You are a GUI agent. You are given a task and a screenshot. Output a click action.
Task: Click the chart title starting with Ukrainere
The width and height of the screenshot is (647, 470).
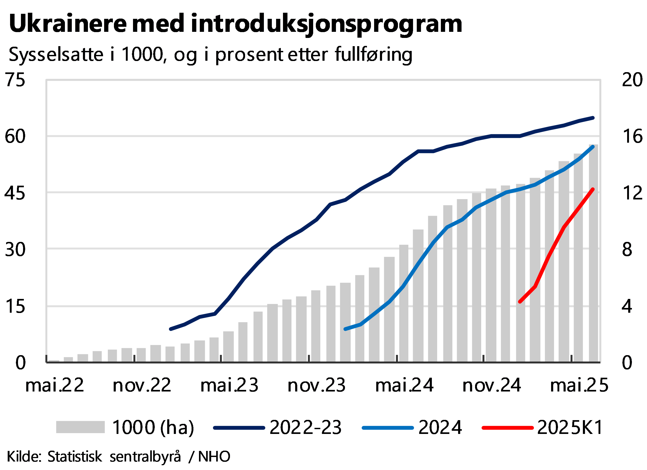coord(235,23)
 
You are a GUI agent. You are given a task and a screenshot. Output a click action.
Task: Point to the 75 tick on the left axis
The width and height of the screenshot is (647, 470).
coord(15,80)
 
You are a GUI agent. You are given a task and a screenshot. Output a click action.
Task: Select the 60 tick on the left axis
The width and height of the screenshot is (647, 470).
coord(15,136)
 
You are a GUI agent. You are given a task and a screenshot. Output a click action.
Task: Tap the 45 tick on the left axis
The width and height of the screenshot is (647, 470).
coord(15,193)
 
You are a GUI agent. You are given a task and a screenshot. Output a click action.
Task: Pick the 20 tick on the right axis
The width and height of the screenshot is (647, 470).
coord(632,80)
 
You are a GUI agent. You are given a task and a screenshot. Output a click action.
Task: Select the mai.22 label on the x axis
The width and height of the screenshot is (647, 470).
coord(55,385)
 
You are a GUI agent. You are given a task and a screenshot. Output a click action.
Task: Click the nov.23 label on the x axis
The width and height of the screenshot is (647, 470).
coord(317,385)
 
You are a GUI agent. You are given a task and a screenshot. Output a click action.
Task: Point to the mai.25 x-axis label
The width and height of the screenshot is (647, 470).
coord(579,385)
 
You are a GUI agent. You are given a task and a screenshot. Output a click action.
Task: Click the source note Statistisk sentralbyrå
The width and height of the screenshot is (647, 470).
coord(114,456)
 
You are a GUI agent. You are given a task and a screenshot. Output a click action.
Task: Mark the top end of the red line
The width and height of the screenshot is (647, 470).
coord(593,189)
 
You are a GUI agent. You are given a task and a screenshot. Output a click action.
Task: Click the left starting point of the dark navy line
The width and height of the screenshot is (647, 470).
coord(171,329)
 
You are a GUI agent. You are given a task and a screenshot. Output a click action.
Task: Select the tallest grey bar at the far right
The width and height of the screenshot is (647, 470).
coord(593,254)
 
